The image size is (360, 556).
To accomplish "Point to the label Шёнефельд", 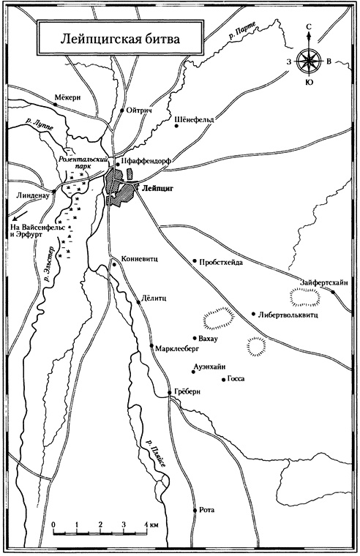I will pos(199,116).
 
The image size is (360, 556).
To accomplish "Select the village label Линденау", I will pos(31,197).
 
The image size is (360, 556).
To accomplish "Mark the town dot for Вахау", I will pos(192,339).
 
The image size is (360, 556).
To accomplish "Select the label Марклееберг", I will pos(174,349).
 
